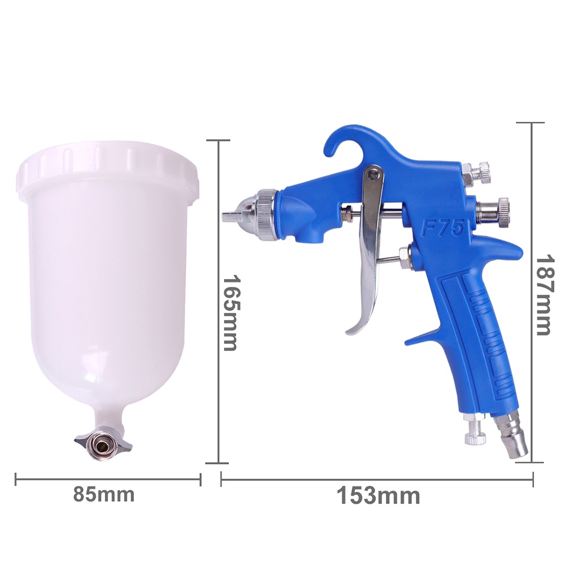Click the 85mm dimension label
click(x=104, y=494)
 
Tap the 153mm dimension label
click(x=379, y=496)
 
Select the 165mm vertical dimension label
click(x=231, y=313)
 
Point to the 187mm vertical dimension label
click(x=544, y=295)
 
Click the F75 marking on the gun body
click(x=442, y=228)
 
